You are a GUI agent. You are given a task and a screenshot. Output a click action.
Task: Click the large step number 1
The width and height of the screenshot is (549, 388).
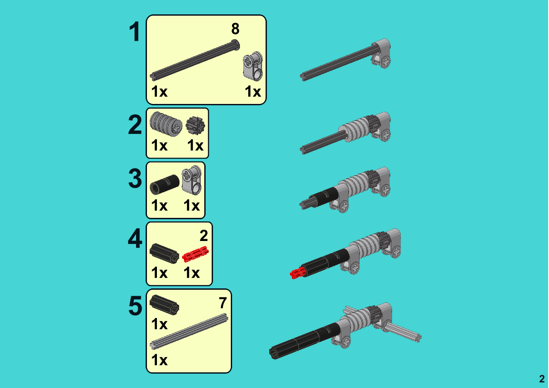coord(135,31)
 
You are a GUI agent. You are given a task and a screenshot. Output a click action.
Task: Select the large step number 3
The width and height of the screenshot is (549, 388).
coord(135,178)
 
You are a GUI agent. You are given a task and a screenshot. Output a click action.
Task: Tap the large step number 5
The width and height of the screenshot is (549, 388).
coord(135,306)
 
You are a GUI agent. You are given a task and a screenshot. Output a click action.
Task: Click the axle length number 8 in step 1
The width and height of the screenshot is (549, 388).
coord(235,29)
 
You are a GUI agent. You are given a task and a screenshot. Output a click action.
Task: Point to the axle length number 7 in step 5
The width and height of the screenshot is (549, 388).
coord(223,303)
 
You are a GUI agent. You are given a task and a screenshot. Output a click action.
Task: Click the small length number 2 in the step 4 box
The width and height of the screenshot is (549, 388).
coord(204,236)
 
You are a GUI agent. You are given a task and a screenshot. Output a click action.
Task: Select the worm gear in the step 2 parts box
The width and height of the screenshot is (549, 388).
coord(166,124)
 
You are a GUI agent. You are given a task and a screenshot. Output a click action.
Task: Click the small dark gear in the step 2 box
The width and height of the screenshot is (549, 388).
coord(195,125)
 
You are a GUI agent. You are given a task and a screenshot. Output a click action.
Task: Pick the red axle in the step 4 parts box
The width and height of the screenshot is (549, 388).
coord(195,254)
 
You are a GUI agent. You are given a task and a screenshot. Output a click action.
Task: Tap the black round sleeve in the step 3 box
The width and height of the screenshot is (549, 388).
coord(164,184)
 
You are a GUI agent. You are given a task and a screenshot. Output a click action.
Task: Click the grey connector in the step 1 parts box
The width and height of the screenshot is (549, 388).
coord(253,66)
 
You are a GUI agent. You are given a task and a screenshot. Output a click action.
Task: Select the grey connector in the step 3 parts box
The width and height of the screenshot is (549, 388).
coord(192,180)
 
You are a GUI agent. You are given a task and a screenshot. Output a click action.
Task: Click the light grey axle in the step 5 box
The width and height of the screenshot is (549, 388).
coord(189,331)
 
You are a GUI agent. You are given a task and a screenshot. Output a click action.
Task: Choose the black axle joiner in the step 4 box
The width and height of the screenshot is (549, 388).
coord(164,254)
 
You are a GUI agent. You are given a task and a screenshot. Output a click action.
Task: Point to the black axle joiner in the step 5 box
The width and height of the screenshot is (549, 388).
coord(164,305)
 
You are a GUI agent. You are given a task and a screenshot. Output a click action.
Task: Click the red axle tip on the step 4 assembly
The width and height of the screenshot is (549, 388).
coord(297,273)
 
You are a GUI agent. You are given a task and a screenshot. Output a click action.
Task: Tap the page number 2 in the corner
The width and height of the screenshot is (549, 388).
coord(542,379)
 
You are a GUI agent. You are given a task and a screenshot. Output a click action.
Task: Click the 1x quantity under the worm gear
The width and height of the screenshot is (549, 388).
coord(159,145)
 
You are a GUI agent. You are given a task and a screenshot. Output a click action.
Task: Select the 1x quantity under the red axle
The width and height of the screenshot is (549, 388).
coord(192,272)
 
